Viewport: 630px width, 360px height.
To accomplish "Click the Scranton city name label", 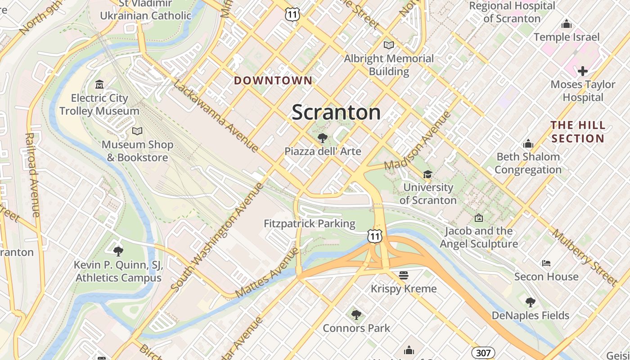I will pos(336,112).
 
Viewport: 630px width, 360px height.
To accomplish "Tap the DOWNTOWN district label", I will pos(273,81).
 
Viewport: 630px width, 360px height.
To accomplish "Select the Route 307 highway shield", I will pos(483,353).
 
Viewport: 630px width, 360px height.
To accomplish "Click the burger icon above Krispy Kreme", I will pos(404,274).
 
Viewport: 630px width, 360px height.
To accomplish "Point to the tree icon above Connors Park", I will pos(356,315).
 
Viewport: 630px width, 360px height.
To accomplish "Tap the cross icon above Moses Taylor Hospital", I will pos(583,71).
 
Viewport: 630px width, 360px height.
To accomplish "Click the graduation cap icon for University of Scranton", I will pos(427,174).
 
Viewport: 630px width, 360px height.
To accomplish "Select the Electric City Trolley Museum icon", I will pos(99,84).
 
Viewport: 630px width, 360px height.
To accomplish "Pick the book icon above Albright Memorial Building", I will pos(389,45).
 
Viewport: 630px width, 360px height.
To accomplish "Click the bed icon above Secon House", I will pos(546,263).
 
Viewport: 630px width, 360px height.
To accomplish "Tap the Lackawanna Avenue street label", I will pos(216,116).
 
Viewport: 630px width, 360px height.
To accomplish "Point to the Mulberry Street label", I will pos(585,257).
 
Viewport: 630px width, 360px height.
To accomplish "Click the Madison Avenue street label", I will pos(417,140).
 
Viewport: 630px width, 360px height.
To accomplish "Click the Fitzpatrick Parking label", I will pos(310,224).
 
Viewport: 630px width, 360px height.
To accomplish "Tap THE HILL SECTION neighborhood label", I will pos(578,131).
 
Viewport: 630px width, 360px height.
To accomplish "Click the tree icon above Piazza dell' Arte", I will pos(322,138).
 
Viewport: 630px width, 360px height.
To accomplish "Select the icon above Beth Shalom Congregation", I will pos(528,144).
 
